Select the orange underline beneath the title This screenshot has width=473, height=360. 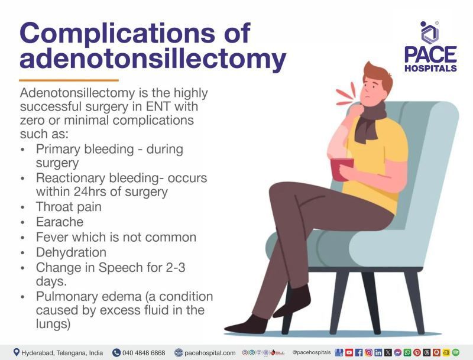click(69, 80)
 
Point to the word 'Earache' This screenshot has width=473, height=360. click(59, 222)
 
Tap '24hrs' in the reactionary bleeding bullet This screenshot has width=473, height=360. click(105, 192)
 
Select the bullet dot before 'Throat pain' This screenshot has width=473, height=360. click(23, 208)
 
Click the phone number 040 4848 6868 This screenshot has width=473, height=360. click(144, 352)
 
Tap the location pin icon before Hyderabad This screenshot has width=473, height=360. click(16, 352)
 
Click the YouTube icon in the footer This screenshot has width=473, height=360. click(349, 352)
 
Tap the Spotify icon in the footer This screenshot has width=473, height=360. click(455, 352)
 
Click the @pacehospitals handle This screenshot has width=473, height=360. click(311, 352)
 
